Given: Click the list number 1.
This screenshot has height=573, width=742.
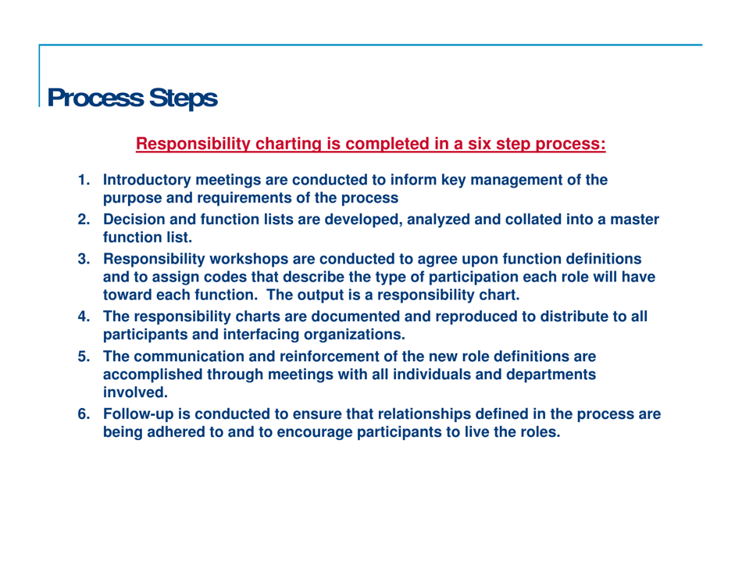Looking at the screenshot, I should (x=81, y=181).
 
